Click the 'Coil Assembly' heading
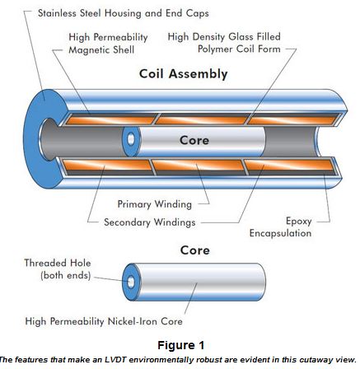184,74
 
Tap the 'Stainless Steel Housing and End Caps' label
124,13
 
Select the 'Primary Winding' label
155,204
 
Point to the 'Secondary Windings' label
150,222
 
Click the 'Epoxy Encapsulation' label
280,227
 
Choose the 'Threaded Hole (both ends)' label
58,269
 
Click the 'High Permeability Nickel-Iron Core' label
104,321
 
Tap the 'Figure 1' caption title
181,345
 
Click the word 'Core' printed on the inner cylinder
194,140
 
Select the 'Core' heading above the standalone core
195,250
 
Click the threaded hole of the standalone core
131,282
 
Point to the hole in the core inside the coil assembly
131,139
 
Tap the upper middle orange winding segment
202,120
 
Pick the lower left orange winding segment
107,165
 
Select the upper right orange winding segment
292,120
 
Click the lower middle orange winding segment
198,165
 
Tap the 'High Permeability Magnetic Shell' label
108,44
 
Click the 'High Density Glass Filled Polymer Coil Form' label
224,43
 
